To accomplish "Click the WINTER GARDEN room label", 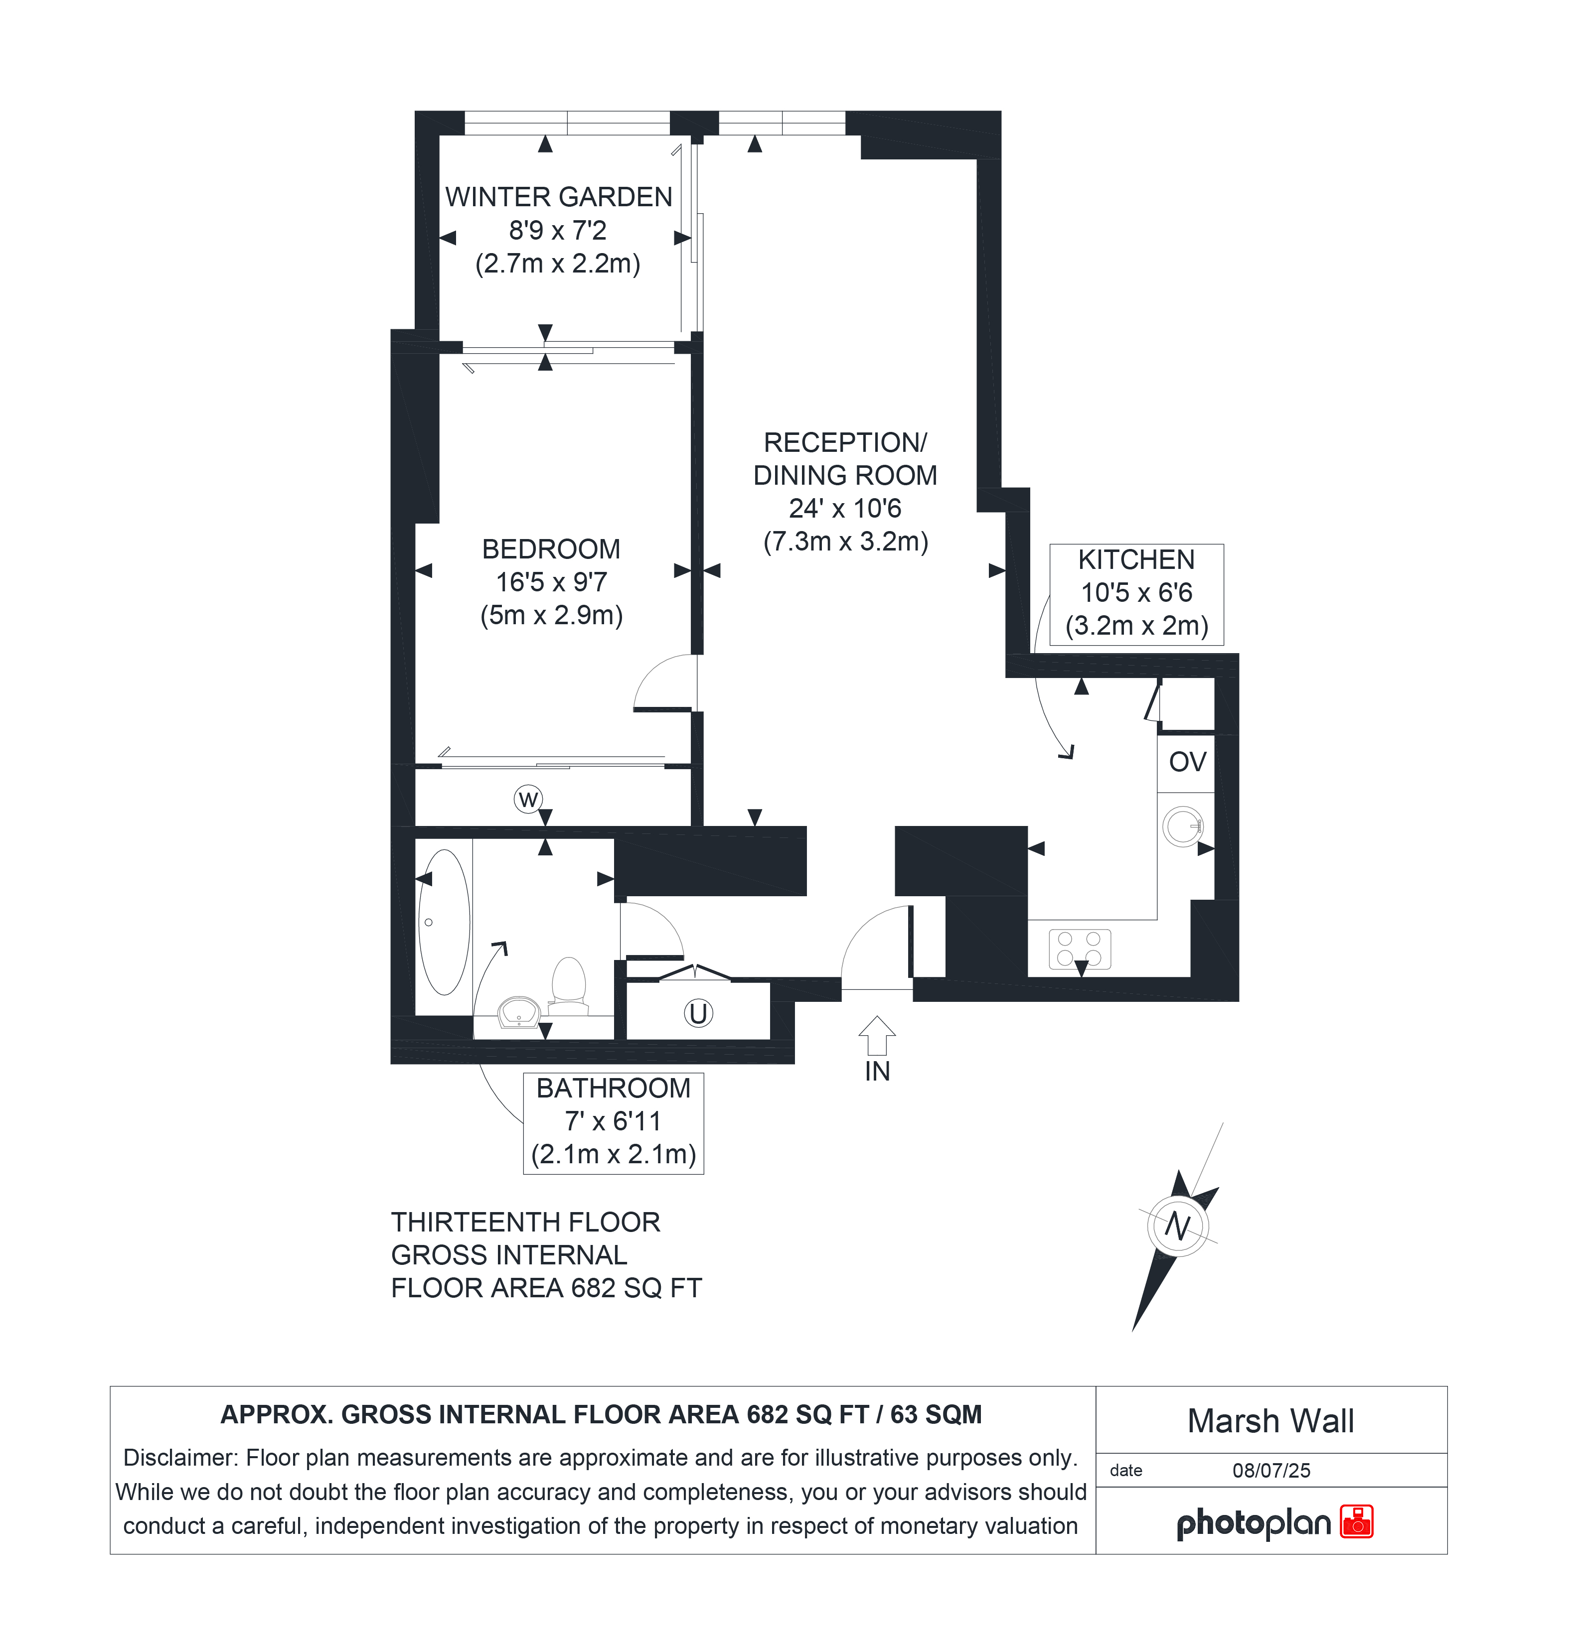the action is coord(558,197).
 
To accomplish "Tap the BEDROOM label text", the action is coord(551,549).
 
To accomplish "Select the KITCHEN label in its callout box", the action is coord(1136,559).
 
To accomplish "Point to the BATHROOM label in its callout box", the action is coord(614,1088).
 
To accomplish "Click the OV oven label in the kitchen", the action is coord(1187,762).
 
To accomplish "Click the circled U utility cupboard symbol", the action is coord(698,1013).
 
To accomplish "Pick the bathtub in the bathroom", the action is coord(444,922).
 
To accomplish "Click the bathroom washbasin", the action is coord(519,1012).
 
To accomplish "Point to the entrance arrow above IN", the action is coord(877,1035).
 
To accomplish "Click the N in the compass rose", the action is coord(1178,1227).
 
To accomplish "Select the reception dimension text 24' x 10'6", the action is coord(845,508).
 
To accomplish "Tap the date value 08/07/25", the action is coord(1271,1470).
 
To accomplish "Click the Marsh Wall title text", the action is coord(1270,1421).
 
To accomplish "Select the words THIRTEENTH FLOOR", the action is coord(525,1222).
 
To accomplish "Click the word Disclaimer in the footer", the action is coord(179,1458).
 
